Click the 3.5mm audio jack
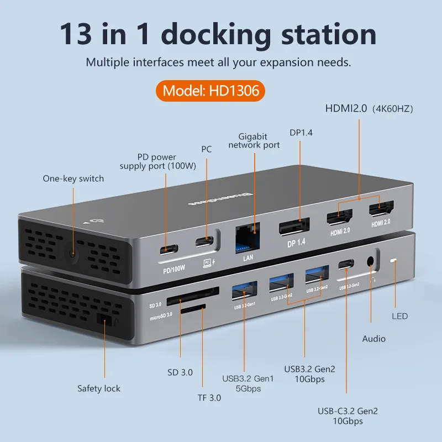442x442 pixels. tap(371, 262)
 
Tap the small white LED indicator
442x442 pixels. tap(394, 260)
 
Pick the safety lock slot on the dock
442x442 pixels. tap(104, 319)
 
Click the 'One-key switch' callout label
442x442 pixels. tap(73, 178)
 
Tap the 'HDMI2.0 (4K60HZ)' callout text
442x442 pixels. tap(369, 109)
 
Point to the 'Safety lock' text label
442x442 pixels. tap(98, 388)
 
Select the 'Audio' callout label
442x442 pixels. tap(373, 338)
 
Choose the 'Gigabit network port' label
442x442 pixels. tap(254, 141)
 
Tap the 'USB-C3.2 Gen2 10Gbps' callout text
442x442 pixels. tap(348, 416)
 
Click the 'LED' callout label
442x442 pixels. tap(399, 316)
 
